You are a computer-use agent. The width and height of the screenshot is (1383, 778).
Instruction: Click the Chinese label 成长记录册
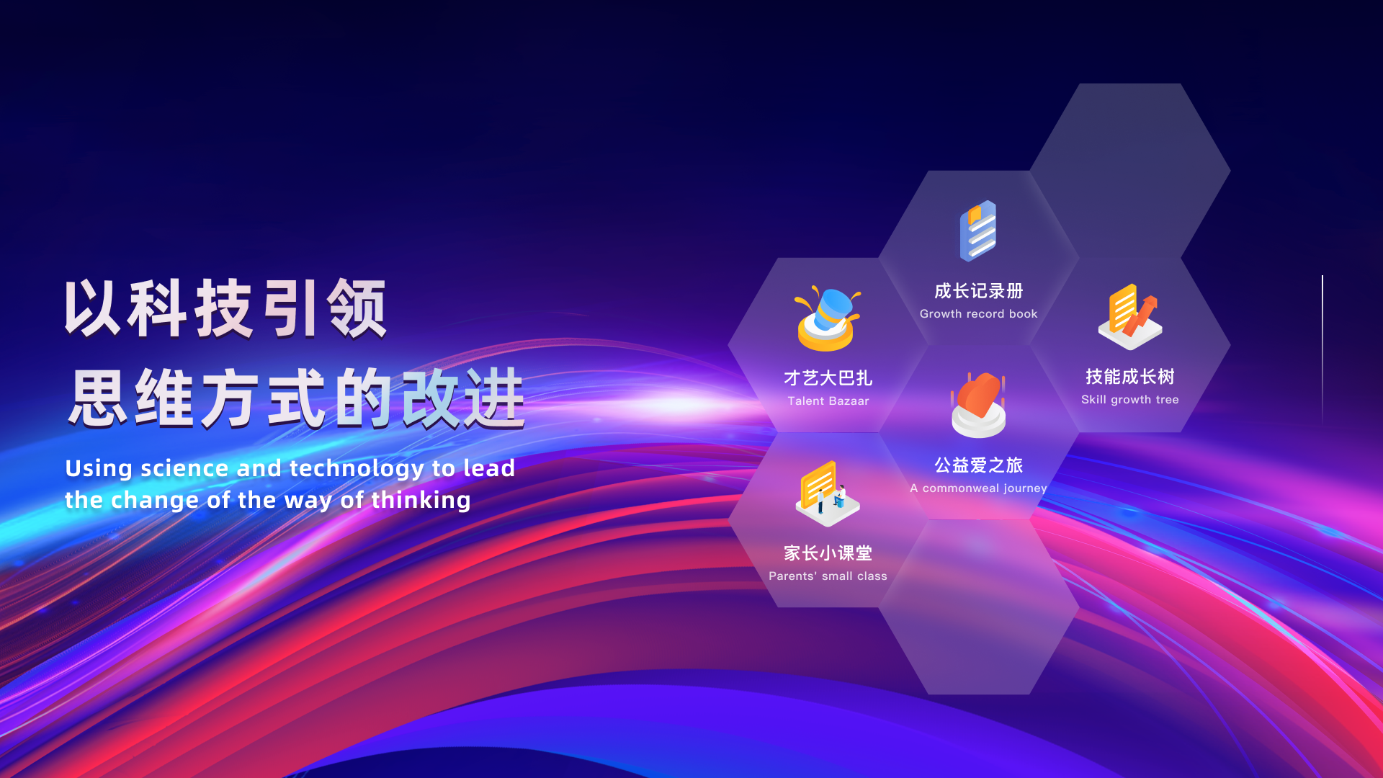[978, 291]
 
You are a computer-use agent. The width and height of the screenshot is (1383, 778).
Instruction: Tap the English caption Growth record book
[978, 314]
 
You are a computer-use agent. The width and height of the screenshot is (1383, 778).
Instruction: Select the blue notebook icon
[978, 231]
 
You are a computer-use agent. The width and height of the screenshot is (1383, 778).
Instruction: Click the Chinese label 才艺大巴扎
[828, 378]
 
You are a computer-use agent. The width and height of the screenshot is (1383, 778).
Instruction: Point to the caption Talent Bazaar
[828, 401]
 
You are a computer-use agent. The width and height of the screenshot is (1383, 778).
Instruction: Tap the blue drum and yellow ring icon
[827, 318]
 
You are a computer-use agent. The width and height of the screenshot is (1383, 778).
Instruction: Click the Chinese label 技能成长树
[1129, 377]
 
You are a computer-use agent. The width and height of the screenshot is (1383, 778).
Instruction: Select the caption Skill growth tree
[1129, 400]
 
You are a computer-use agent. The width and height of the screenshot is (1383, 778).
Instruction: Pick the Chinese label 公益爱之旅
[978, 465]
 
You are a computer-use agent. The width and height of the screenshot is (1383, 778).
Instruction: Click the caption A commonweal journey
[978, 488]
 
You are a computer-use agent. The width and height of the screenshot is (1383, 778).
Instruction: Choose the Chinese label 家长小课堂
[828, 553]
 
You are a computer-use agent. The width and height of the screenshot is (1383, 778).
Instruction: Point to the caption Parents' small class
[828, 576]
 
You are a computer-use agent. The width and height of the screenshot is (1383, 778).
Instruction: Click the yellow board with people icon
[827, 493]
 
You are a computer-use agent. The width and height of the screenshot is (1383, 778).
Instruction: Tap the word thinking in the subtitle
[421, 500]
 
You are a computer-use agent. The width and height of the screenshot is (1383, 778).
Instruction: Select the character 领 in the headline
[357, 308]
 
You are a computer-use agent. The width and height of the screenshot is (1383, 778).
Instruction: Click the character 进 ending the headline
[494, 398]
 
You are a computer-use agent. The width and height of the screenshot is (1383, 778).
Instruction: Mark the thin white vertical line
[1322, 349]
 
